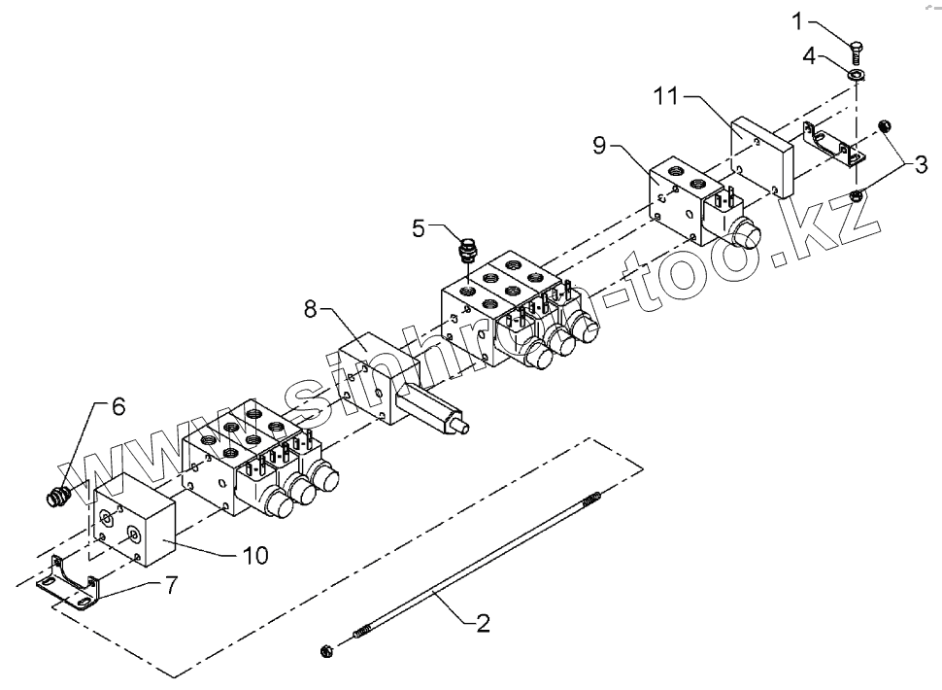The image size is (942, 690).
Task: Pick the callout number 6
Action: [x=118, y=407]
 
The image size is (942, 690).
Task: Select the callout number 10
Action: [x=254, y=555]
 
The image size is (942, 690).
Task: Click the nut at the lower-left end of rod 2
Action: [x=328, y=648]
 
